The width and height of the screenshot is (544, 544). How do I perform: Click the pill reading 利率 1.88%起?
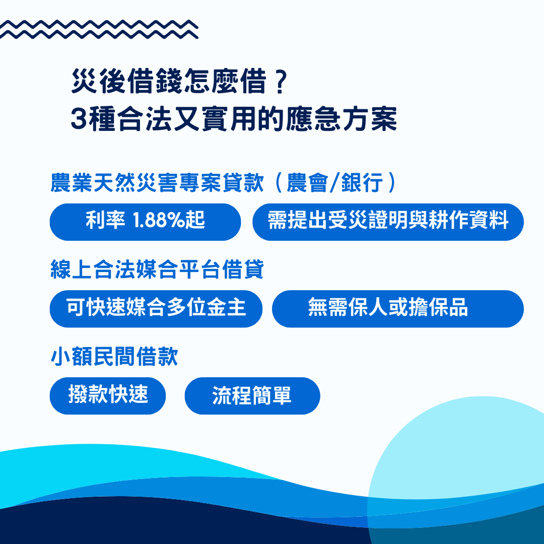click(x=145, y=222)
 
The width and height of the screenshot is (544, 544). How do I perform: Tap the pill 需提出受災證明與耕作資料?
click(x=388, y=222)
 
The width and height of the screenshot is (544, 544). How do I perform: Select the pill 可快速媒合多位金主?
click(x=156, y=309)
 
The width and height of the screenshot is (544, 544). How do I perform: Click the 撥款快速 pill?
click(x=108, y=396)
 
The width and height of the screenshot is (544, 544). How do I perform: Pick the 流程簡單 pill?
click(x=252, y=396)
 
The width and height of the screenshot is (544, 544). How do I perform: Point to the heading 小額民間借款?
click(x=114, y=358)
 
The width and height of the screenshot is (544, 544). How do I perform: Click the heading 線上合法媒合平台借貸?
click(x=157, y=270)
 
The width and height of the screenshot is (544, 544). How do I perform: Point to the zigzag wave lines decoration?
click(x=99, y=29)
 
